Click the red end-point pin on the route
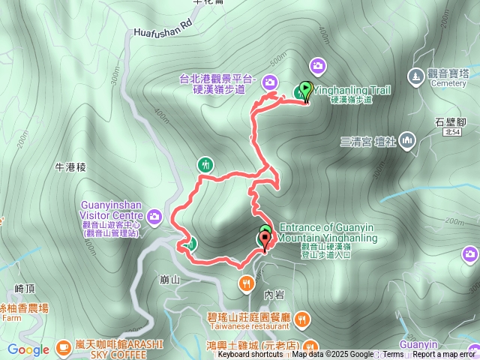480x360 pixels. tap(264, 240)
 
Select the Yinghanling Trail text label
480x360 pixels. tap(352, 90)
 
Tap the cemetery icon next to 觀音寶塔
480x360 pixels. tap(415, 76)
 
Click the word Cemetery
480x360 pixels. tap(448, 84)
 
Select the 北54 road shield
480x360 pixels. tap(451, 130)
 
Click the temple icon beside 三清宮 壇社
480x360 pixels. tap(408, 139)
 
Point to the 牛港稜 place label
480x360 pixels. tap(71, 167)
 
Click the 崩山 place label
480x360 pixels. tap(170, 280)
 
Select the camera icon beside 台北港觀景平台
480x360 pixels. tap(270, 82)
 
